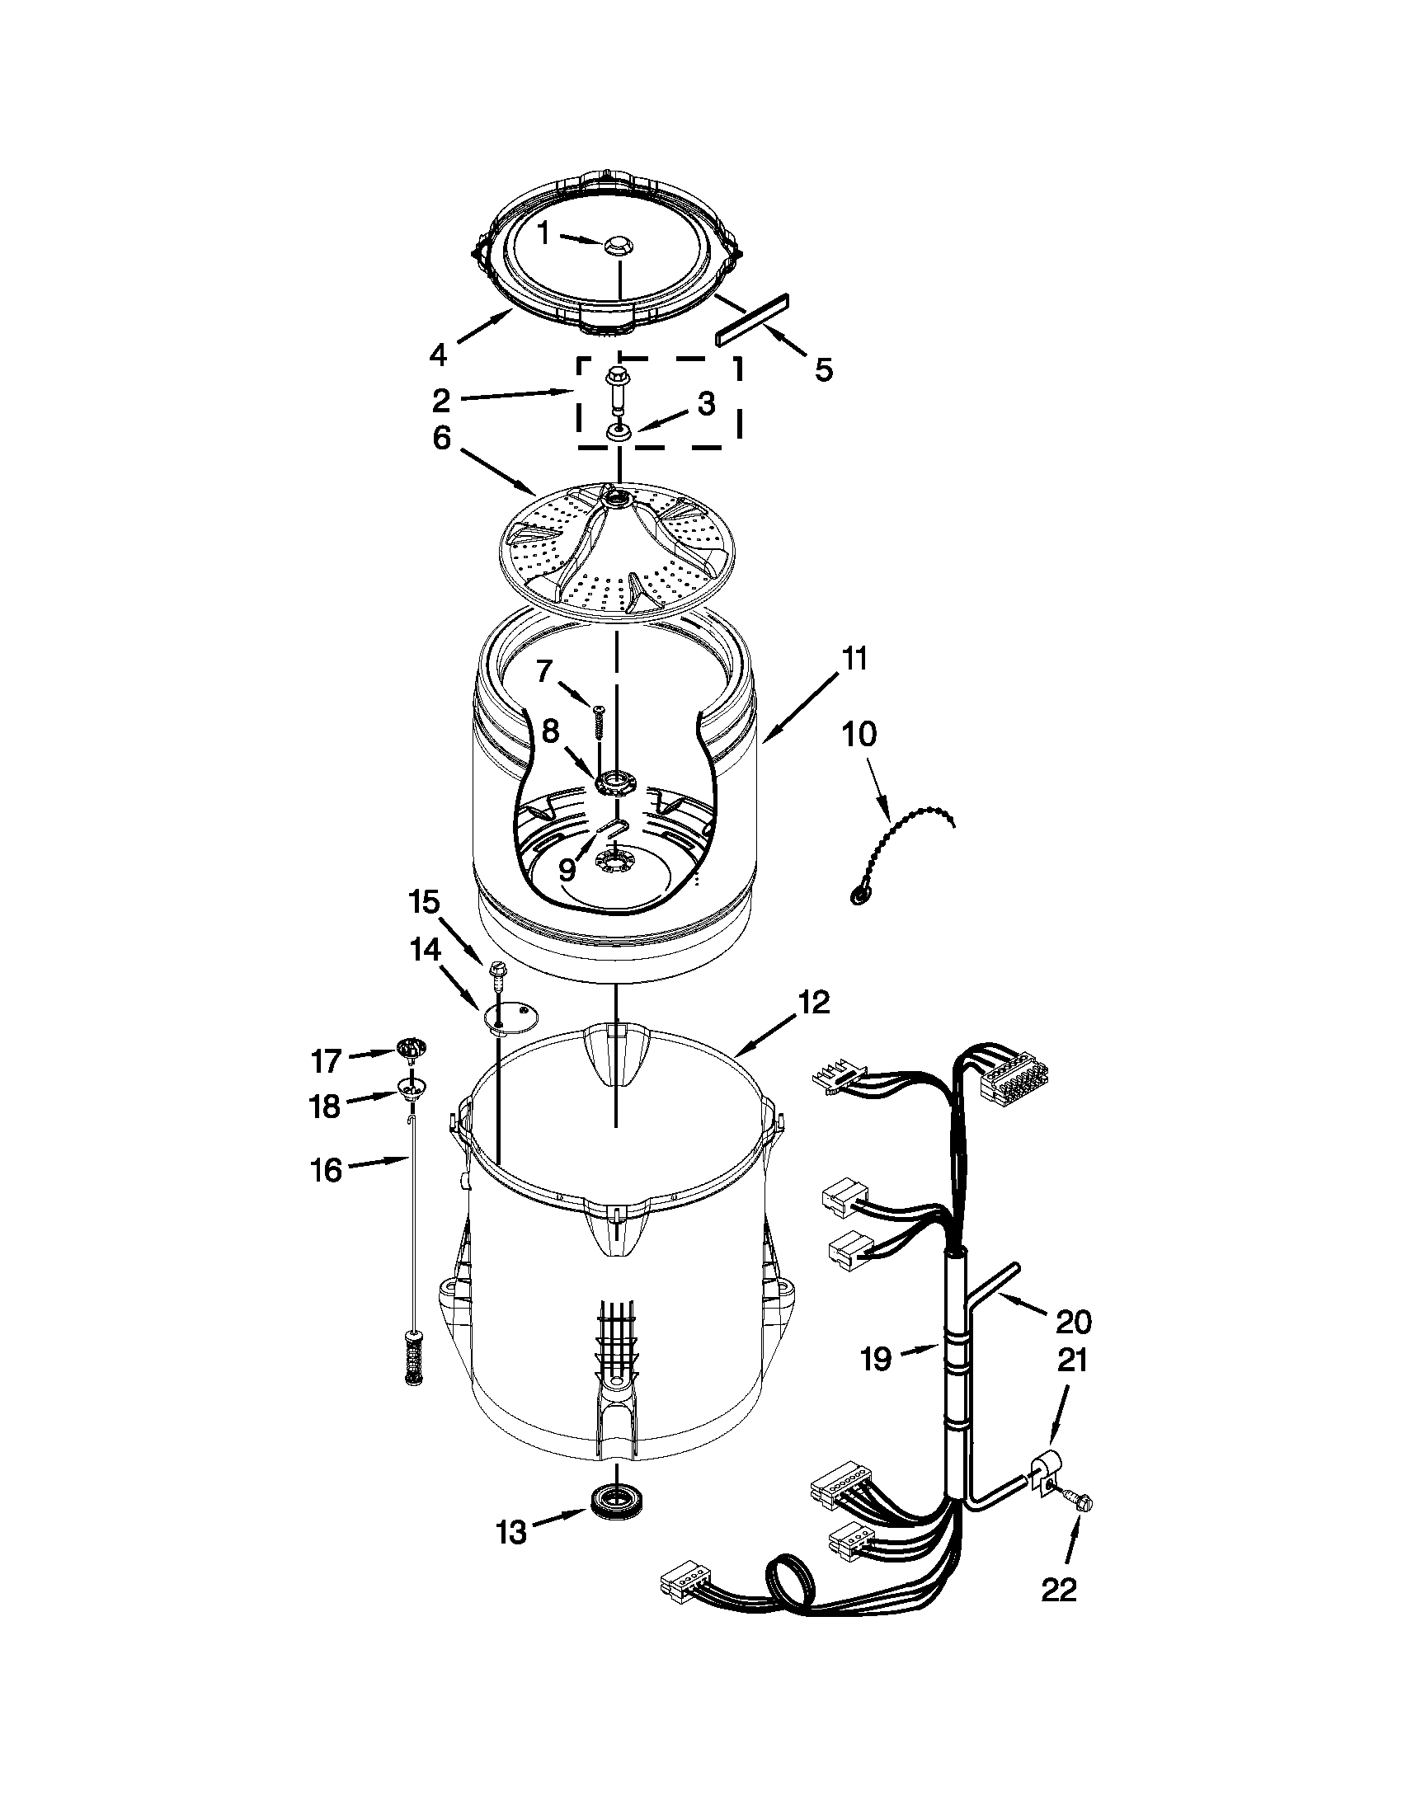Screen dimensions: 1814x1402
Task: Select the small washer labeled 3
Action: (x=616, y=432)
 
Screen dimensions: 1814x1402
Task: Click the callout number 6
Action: (x=440, y=438)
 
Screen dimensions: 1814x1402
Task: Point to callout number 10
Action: (x=859, y=734)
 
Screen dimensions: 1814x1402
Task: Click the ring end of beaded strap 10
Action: (x=858, y=895)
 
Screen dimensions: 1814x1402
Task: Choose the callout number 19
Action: (x=875, y=1360)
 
